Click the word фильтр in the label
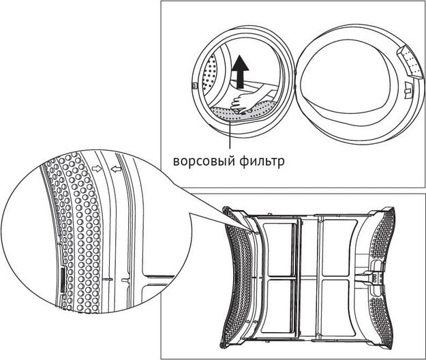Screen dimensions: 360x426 (260, 162)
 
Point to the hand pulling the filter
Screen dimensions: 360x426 (245, 101)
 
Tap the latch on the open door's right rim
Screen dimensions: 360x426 (408, 87)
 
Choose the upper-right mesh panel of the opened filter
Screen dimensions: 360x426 (341, 246)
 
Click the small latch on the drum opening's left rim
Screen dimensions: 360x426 (196, 87)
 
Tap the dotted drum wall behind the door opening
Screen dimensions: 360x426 (212, 75)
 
